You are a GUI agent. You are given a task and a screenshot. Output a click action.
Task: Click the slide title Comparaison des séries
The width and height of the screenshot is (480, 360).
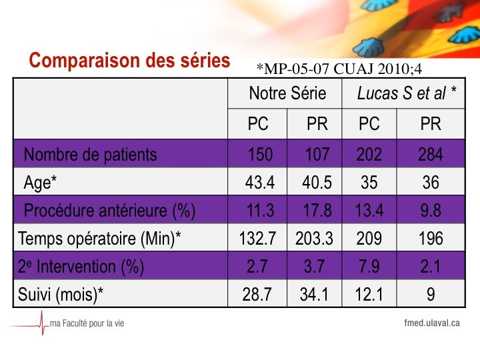[129, 60]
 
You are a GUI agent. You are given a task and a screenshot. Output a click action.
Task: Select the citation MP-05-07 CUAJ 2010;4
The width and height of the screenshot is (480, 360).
[339, 69]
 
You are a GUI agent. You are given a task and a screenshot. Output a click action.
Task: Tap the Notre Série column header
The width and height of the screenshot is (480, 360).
[287, 93]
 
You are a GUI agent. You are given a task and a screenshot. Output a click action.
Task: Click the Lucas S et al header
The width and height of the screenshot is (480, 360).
[407, 93]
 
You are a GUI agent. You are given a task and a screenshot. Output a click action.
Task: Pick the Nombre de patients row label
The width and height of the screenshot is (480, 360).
[90, 154]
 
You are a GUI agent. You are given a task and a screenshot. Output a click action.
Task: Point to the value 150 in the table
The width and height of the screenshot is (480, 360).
[260, 154]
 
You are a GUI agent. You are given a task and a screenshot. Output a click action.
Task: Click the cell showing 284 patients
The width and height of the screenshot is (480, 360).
[431, 154]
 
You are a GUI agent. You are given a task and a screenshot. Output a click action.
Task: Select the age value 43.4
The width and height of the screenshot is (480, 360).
[259, 183]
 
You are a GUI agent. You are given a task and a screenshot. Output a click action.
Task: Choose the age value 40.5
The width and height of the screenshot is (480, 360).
[317, 183]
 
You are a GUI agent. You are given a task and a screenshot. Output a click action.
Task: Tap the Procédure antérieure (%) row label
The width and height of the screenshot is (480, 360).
[109, 211]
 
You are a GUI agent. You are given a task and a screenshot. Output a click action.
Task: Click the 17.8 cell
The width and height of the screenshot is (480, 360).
[317, 211]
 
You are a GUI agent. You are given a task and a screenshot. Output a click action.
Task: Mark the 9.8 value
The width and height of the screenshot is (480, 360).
[431, 211]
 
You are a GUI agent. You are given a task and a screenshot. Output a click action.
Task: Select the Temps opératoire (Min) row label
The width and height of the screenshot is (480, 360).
[99, 239]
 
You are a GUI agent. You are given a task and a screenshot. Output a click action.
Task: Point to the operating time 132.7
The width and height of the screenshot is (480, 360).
[257, 239]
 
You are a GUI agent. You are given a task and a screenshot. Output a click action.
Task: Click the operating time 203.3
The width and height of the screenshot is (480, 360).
[314, 239]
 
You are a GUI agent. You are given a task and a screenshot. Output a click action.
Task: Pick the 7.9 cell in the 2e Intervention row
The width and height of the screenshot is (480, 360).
[369, 266]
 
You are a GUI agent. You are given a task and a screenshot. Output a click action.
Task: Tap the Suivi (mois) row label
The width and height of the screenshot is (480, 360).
[60, 295]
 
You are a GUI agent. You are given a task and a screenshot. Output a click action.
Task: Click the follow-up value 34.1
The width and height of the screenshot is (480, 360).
[314, 295]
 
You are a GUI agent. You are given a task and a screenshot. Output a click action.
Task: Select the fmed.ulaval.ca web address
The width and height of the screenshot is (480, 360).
[432, 323]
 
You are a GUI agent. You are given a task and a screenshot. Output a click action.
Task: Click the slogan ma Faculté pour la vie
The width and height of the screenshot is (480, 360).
[87, 323]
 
